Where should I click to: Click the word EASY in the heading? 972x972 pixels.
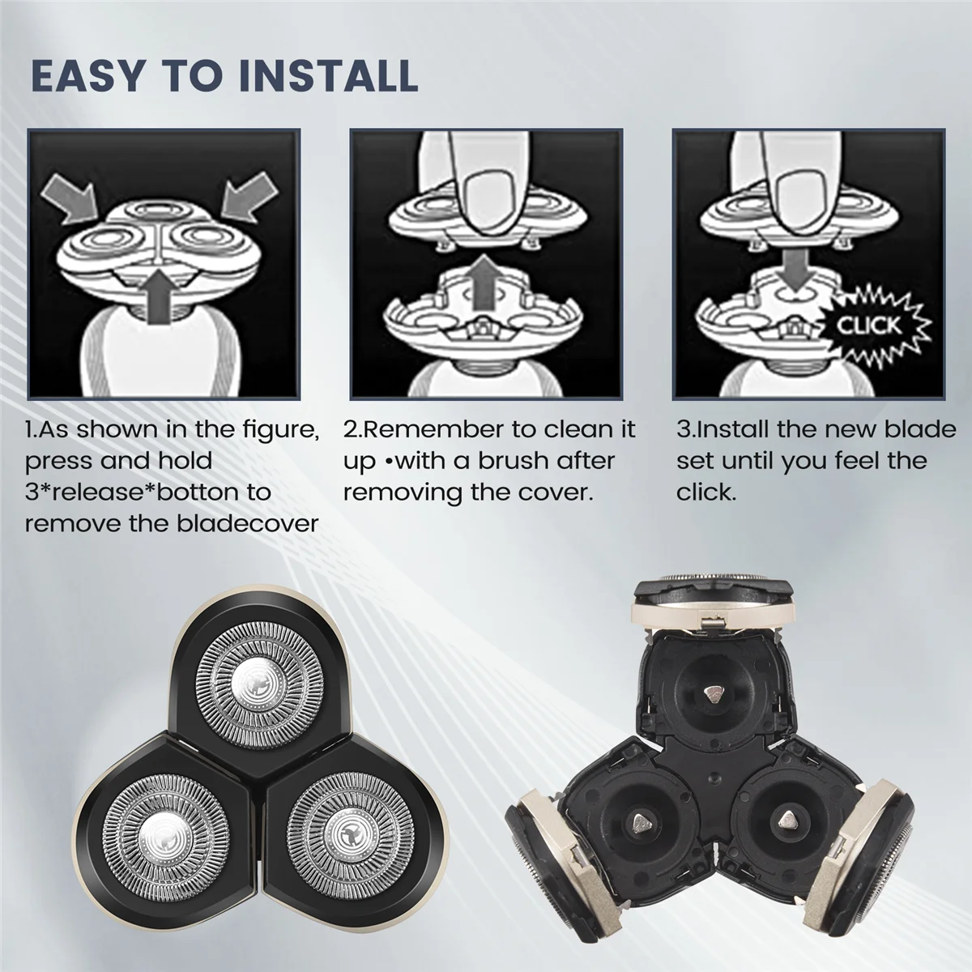coord(83,76)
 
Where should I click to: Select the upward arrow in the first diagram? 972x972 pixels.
coord(161,295)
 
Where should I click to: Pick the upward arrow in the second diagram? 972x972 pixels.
coord(484,283)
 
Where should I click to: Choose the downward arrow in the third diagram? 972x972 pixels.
coord(794,269)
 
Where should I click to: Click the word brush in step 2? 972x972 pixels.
coord(517,461)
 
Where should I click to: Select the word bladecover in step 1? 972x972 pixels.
coord(248,523)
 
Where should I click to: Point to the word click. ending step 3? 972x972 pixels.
coord(706,492)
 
